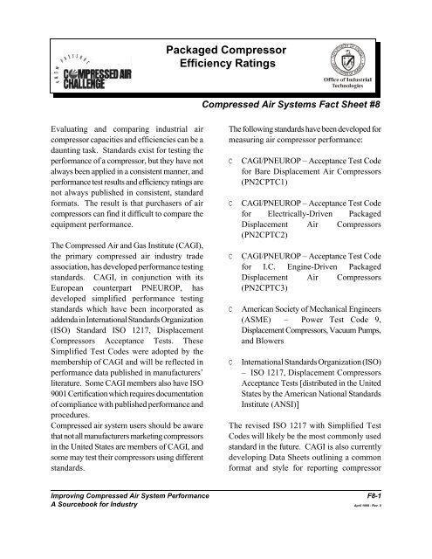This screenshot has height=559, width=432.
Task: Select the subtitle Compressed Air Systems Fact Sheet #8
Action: point(301,106)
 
